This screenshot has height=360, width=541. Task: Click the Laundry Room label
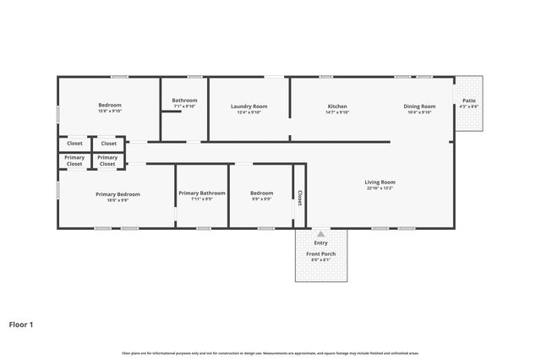point(249,106)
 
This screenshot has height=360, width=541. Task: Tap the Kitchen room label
point(337,106)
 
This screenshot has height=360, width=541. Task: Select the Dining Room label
point(419,106)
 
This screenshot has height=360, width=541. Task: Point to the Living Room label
point(380,182)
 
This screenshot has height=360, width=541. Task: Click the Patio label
point(468,101)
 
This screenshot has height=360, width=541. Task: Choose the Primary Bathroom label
point(202,194)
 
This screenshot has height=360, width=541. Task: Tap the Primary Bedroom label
point(112,194)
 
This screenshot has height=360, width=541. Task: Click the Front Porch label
point(320,254)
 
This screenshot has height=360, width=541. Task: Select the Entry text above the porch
point(320,243)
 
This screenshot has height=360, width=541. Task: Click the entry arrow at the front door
point(320,233)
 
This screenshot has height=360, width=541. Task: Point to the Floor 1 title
point(22,324)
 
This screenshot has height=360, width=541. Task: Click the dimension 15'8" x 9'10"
point(111,112)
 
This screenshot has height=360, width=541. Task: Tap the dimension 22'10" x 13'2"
point(380,188)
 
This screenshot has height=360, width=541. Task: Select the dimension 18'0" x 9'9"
point(112,200)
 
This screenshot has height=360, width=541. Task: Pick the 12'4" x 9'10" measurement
point(249,112)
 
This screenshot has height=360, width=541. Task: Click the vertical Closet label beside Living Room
point(299,197)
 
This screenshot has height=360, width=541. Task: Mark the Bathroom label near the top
point(184,101)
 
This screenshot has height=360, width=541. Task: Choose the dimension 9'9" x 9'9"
point(261,200)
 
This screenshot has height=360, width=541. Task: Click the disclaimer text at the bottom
point(270,352)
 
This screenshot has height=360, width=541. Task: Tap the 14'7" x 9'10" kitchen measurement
point(337,112)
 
